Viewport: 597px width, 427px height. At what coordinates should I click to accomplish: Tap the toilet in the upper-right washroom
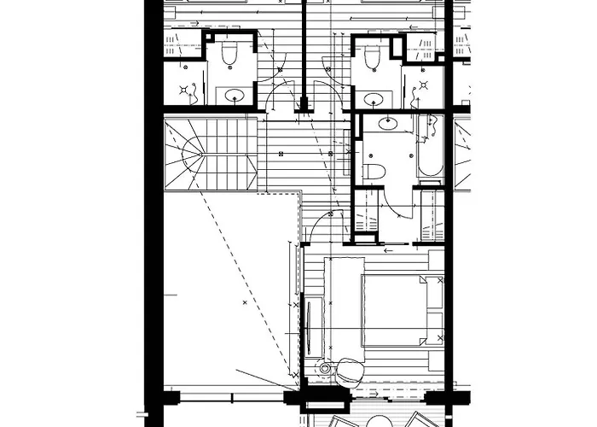[372, 57]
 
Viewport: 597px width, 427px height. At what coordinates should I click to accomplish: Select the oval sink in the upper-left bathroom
[230, 95]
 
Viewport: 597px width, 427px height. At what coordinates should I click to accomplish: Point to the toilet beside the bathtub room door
[374, 172]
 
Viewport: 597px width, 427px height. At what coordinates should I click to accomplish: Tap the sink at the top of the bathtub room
[388, 123]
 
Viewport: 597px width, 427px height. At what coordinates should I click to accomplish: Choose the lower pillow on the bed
[434, 329]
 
